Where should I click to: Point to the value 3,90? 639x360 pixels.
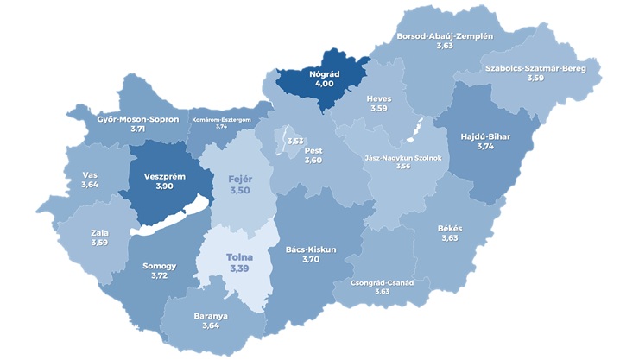(163, 186)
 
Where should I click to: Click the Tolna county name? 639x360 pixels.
(239, 258)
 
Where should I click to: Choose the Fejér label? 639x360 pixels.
(238, 179)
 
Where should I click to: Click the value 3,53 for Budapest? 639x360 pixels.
(295, 141)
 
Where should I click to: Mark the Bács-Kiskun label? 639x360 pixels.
(311, 249)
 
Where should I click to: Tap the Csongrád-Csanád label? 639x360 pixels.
(383, 282)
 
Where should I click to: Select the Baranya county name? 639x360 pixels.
(212, 315)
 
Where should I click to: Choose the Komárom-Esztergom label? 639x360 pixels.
(221, 117)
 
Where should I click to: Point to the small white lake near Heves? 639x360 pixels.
(416, 129)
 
